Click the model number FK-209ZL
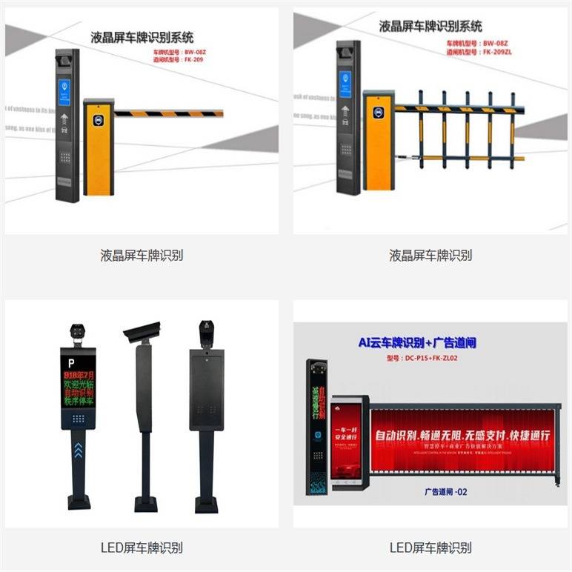[504, 53]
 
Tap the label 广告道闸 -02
[445, 491]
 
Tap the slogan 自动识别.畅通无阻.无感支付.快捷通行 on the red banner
[462, 436]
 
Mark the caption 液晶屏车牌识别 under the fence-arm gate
[430, 256]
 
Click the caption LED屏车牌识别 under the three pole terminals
[142, 548]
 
